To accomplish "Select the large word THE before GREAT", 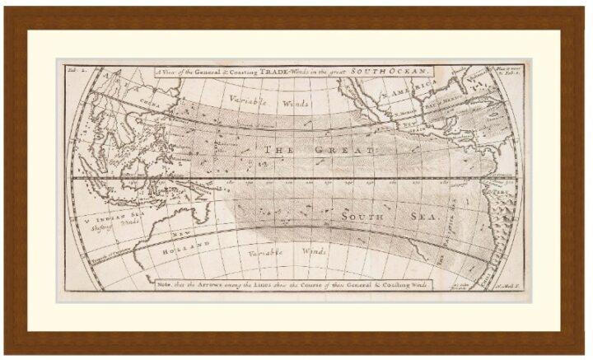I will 281,150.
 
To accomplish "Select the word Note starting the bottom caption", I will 166,284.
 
